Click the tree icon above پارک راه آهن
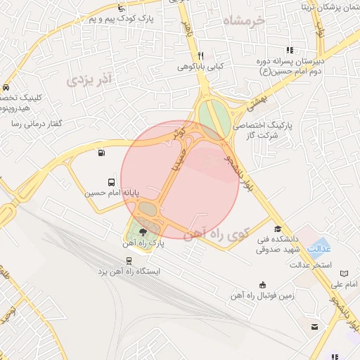coord(143,231)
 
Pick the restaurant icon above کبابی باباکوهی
coord(201,56)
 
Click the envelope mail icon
coord(314,326)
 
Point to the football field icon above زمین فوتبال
coord(262,285)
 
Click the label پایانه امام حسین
coord(114,192)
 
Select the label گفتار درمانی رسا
coord(32,124)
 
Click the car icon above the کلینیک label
coord(6,88)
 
